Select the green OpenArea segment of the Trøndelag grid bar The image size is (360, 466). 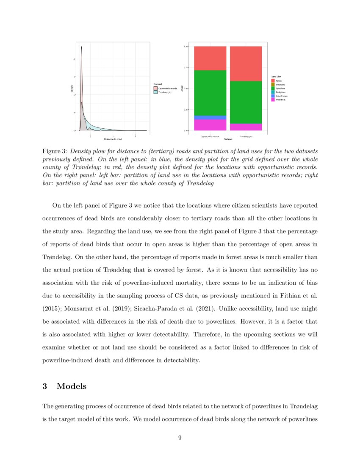(x=246, y=102)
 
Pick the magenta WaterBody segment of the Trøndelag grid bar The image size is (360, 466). (x=246, y=127)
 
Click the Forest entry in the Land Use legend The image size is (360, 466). (x=278, y=80)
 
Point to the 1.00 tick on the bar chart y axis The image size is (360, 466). (x=186, y=46)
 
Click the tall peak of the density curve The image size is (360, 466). (x=81, y=47)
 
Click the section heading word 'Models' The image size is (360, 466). (x=72, y=386)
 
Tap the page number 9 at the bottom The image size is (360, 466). (x=180, y=438)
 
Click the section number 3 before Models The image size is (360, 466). (x=45, y=386)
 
